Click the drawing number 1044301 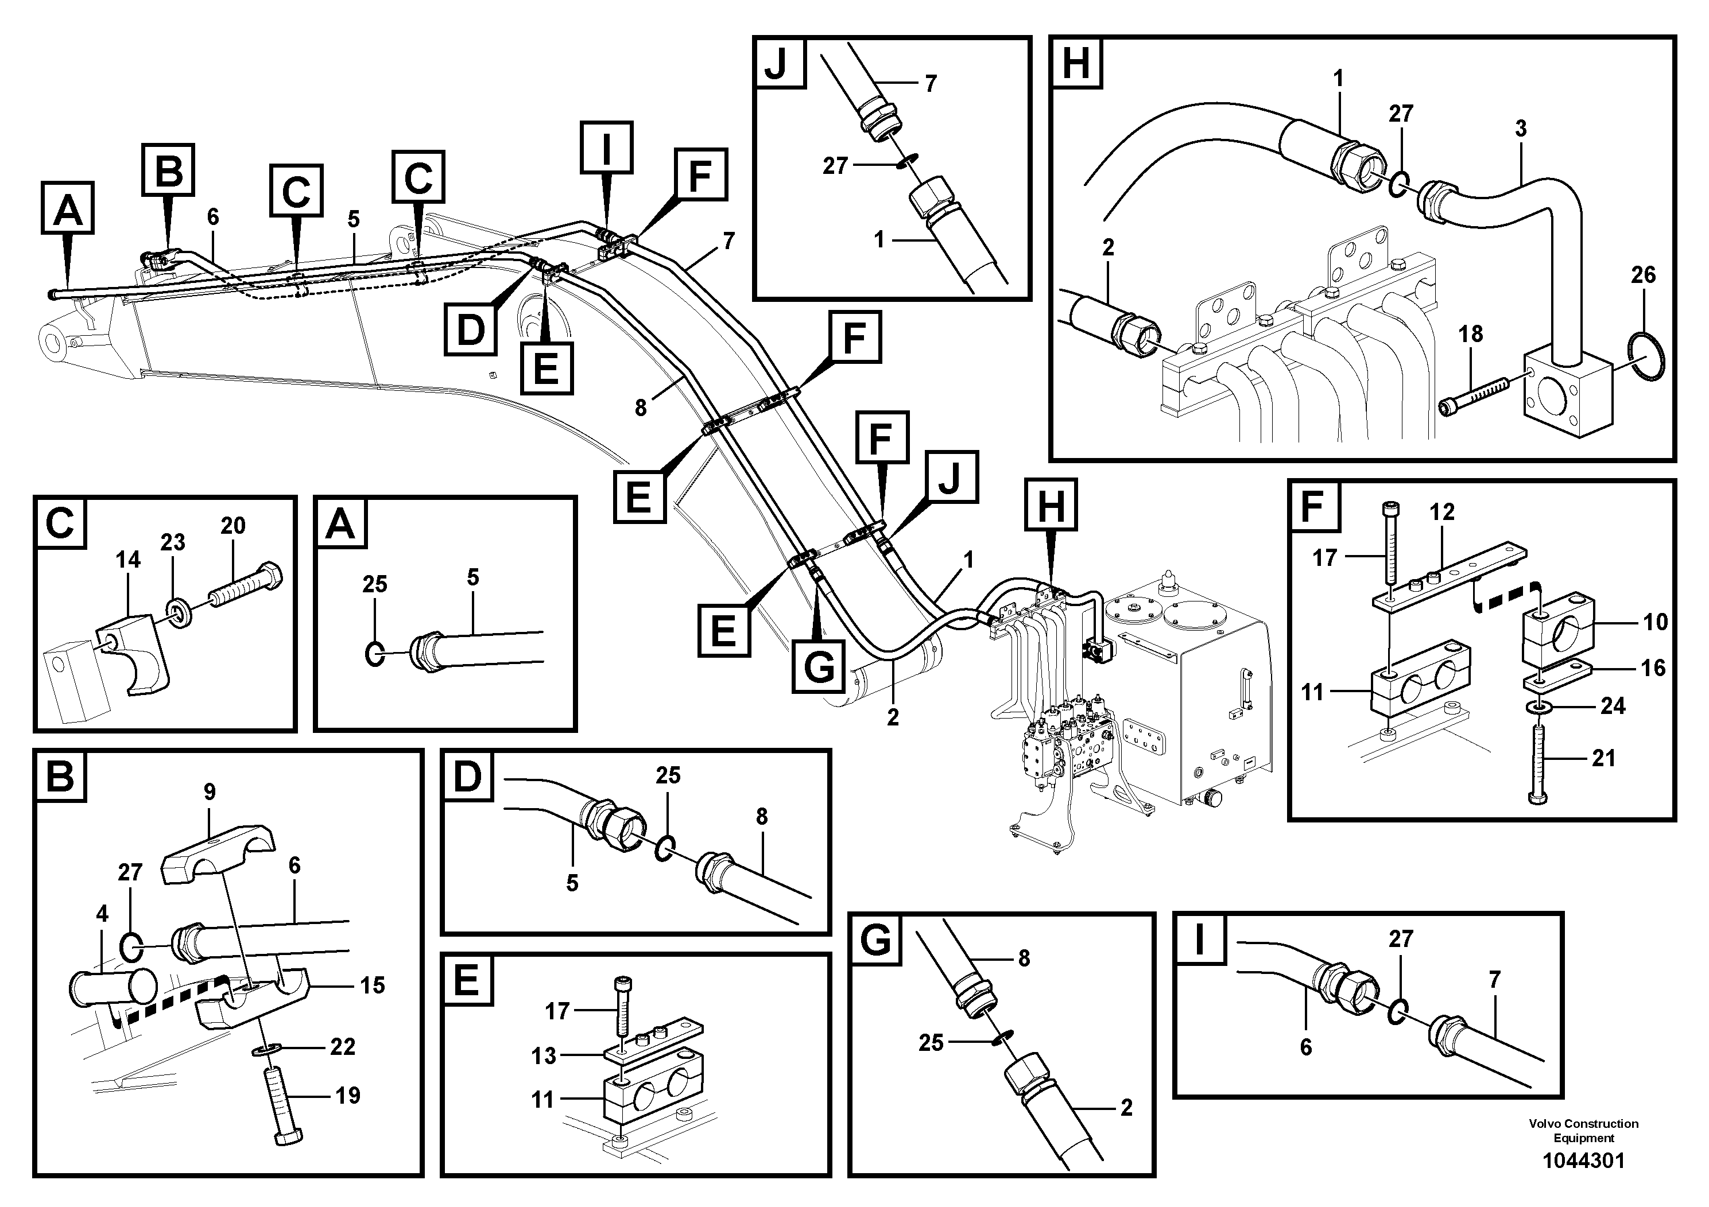click(1583, 1160)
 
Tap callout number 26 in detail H click(1643, 275)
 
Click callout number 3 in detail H click(1520, 129)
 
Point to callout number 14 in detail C click(128, 560)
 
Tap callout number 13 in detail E click(544, 1055)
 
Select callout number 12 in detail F click(1442, 512)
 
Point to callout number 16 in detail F click(1652, 667)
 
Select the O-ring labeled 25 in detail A click(375, 654)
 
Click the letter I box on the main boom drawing click(607, 148)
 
